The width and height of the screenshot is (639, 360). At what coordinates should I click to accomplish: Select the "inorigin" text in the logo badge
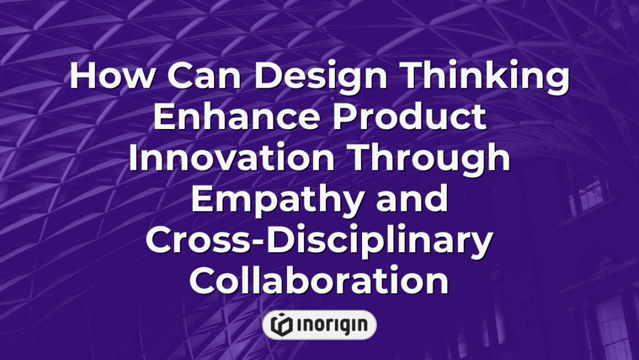tap(329, 325)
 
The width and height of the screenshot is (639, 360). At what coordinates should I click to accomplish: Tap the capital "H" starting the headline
tap(82, 78)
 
